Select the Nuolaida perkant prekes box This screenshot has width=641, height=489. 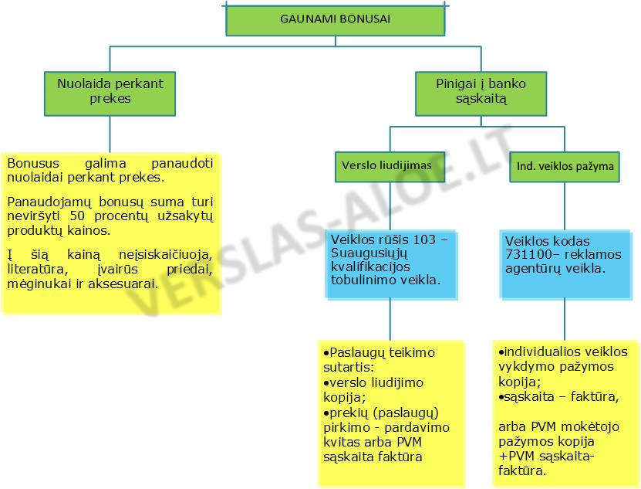pos(110,93)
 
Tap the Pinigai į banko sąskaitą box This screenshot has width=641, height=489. pos(481,93)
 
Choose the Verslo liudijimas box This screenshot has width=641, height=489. pos(390,167)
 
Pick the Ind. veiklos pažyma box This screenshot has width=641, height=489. pos(565,167)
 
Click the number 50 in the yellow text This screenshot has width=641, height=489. pos(77,216)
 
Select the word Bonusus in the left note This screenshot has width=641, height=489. pos(33,163)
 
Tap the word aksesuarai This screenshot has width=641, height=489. pos(123,284)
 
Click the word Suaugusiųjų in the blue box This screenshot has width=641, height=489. pos(369,253)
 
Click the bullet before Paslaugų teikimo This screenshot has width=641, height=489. pos(326,353)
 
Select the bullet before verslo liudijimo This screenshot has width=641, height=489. pos(326,383)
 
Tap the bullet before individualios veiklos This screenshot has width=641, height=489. pos(501,352)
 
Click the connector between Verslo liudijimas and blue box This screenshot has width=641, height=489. pos(390,206)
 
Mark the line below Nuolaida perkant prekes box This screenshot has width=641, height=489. pos(110,134)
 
